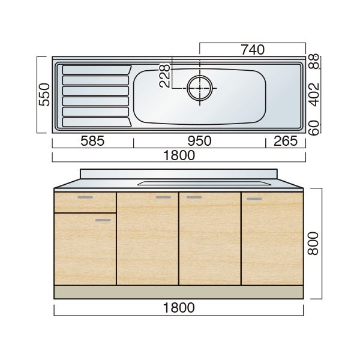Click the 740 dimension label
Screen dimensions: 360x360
click(253, 50)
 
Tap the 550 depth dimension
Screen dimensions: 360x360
click(44, 95)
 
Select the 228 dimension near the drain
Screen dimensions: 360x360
click(164, 76)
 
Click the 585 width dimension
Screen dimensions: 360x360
click(92, 141)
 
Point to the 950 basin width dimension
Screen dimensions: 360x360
click(199, 141)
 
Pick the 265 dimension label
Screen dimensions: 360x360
click(286, 141)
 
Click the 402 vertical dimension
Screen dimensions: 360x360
click(314, 94)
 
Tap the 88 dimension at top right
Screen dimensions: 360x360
click(314, 61)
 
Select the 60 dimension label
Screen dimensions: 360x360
click(314, 128)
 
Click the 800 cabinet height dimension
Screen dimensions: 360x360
click(313, 244)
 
